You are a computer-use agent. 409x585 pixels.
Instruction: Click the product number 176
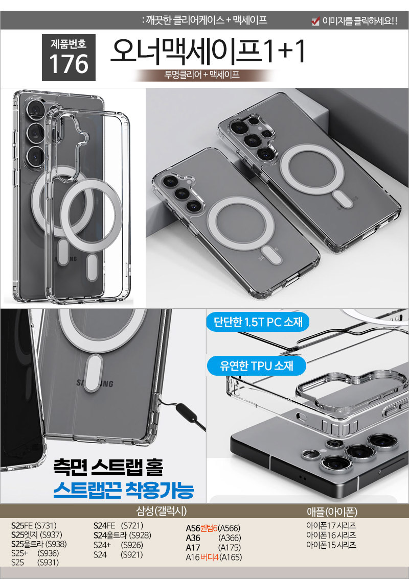coord(69,64)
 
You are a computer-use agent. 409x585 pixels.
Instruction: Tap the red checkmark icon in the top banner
coord(315,21)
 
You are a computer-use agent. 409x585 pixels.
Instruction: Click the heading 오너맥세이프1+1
coord(208,51)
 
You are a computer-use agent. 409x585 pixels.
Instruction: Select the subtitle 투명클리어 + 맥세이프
coord(202,75)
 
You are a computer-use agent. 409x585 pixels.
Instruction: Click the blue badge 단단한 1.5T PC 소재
coord(258,322)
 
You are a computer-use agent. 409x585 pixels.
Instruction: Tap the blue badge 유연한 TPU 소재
coord(257,365)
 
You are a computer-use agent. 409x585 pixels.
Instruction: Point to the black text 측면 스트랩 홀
coord(108,467)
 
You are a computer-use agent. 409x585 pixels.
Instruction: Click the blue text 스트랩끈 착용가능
coord(123,490)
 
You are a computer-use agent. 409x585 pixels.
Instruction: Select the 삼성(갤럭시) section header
coord(162,511)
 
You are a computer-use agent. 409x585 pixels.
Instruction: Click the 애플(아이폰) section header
coord(332,511)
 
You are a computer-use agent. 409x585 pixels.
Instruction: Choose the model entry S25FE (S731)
coord(34,526)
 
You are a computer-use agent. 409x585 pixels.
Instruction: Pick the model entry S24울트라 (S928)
coord(122,535)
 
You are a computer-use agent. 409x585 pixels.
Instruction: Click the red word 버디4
coord(210,557)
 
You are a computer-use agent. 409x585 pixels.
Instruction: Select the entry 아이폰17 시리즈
coord(331,526)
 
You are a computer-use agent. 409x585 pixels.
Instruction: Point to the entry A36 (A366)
coord(213,538)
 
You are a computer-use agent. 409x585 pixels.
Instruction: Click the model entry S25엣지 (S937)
coord(37,534)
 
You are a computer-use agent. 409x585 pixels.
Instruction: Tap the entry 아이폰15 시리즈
coord(331,545)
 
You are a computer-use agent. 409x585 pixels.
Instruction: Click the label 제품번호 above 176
coord(69,44)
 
